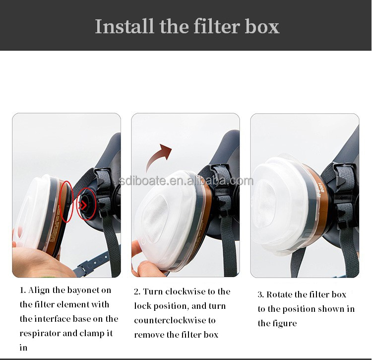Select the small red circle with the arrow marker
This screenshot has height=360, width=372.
(86, 203)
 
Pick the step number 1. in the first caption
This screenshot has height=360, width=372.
(23, 290)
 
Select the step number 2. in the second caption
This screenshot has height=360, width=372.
(137, 291)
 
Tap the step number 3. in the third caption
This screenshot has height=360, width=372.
(260, 294)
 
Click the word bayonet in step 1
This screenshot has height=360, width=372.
(85, 290)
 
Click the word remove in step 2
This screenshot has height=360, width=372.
(150, 335)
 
